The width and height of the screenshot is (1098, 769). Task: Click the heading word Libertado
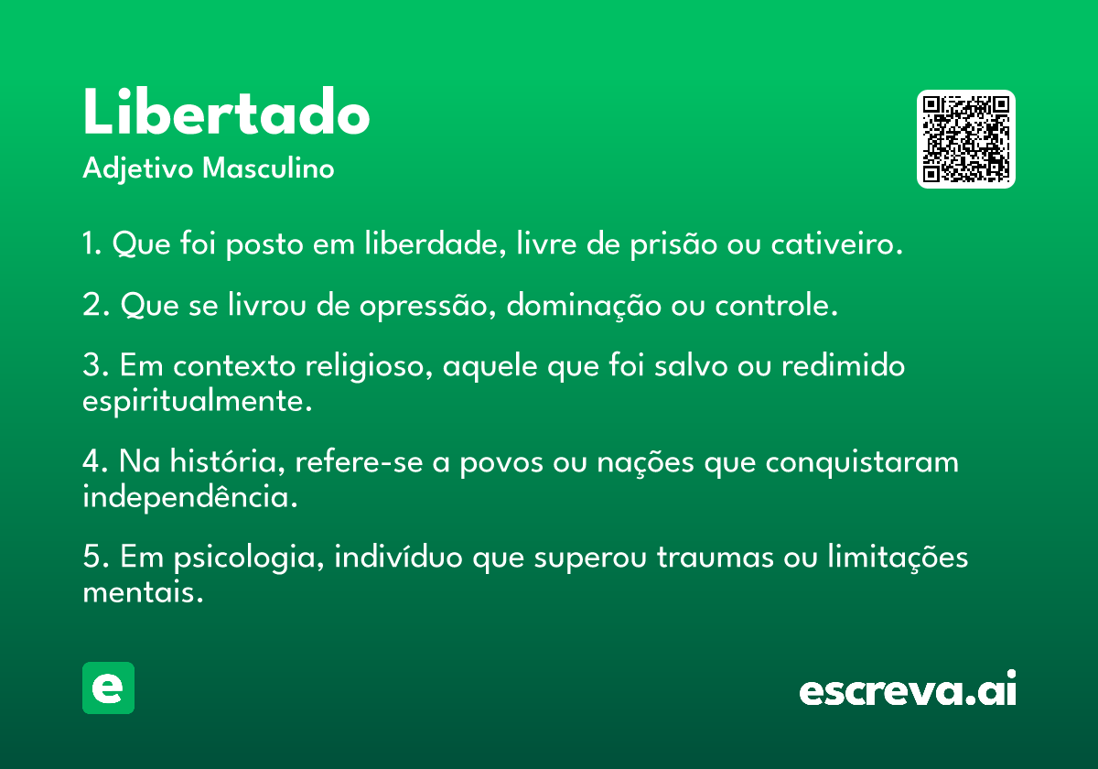point(226,111)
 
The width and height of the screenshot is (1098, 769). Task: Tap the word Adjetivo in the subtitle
point(138,169)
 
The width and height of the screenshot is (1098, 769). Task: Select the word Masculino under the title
point(268,168)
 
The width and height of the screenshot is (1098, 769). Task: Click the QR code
point(965,139)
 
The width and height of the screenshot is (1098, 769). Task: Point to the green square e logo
point(108,688)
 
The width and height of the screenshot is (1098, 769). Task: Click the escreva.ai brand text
point(908,688)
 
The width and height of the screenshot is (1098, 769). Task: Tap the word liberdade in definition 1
point(436,243)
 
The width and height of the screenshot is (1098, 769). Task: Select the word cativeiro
point(836,244)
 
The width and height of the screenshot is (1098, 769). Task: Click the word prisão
point(673,244)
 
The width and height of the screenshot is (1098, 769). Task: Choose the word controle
point(776,305)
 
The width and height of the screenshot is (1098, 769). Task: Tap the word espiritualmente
point(197,402)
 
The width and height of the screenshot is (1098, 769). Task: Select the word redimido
point(843,365)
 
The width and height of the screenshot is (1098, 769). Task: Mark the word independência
point(189,496)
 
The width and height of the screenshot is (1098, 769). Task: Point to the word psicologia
point(249,558)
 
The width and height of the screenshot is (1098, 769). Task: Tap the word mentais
point(143,591)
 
